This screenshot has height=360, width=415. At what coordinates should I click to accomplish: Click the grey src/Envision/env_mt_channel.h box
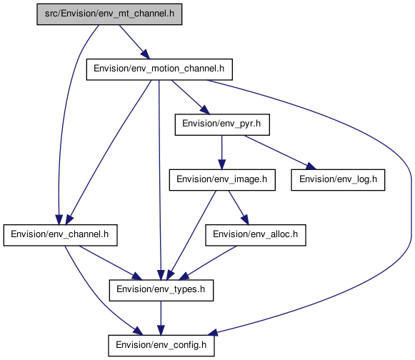109,14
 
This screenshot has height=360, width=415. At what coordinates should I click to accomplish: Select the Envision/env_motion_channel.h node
159,69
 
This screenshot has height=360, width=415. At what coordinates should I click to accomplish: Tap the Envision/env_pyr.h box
222,125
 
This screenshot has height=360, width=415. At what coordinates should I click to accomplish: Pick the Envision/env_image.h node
222,180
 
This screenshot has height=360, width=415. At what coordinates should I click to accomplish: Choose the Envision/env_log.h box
338,180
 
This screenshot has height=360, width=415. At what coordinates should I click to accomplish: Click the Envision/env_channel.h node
60,235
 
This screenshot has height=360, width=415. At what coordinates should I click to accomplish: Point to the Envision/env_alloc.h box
256,235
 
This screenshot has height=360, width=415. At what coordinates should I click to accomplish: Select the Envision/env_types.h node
161,290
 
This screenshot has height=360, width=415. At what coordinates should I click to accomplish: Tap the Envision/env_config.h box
161,346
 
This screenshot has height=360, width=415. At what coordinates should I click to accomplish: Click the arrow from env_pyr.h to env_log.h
280,152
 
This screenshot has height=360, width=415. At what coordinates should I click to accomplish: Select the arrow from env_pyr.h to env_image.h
222,152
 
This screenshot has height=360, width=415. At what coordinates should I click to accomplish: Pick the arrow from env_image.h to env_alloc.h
239,208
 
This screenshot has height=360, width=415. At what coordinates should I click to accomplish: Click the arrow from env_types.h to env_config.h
161,318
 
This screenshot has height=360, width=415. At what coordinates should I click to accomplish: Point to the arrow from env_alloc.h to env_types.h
208,263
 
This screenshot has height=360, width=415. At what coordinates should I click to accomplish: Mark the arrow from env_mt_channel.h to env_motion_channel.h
134,42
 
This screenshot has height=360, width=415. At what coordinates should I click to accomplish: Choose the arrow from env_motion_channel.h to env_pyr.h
191,97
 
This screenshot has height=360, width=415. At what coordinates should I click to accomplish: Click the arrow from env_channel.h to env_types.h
111,263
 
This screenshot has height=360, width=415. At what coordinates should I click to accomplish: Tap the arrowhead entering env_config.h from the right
214,332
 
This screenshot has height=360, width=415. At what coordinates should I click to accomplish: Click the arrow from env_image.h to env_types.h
191,235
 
